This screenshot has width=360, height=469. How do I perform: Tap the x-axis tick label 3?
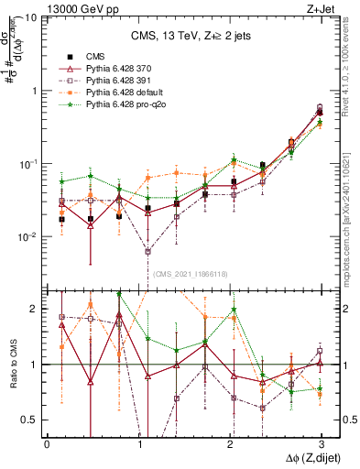point(320,443)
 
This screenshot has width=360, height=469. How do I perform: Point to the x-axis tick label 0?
point(47,443)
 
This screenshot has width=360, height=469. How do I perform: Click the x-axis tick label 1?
point(138,443)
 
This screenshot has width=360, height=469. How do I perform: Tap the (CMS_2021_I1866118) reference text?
point(190,273)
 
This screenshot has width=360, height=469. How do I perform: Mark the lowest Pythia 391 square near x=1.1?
point(148,251)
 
